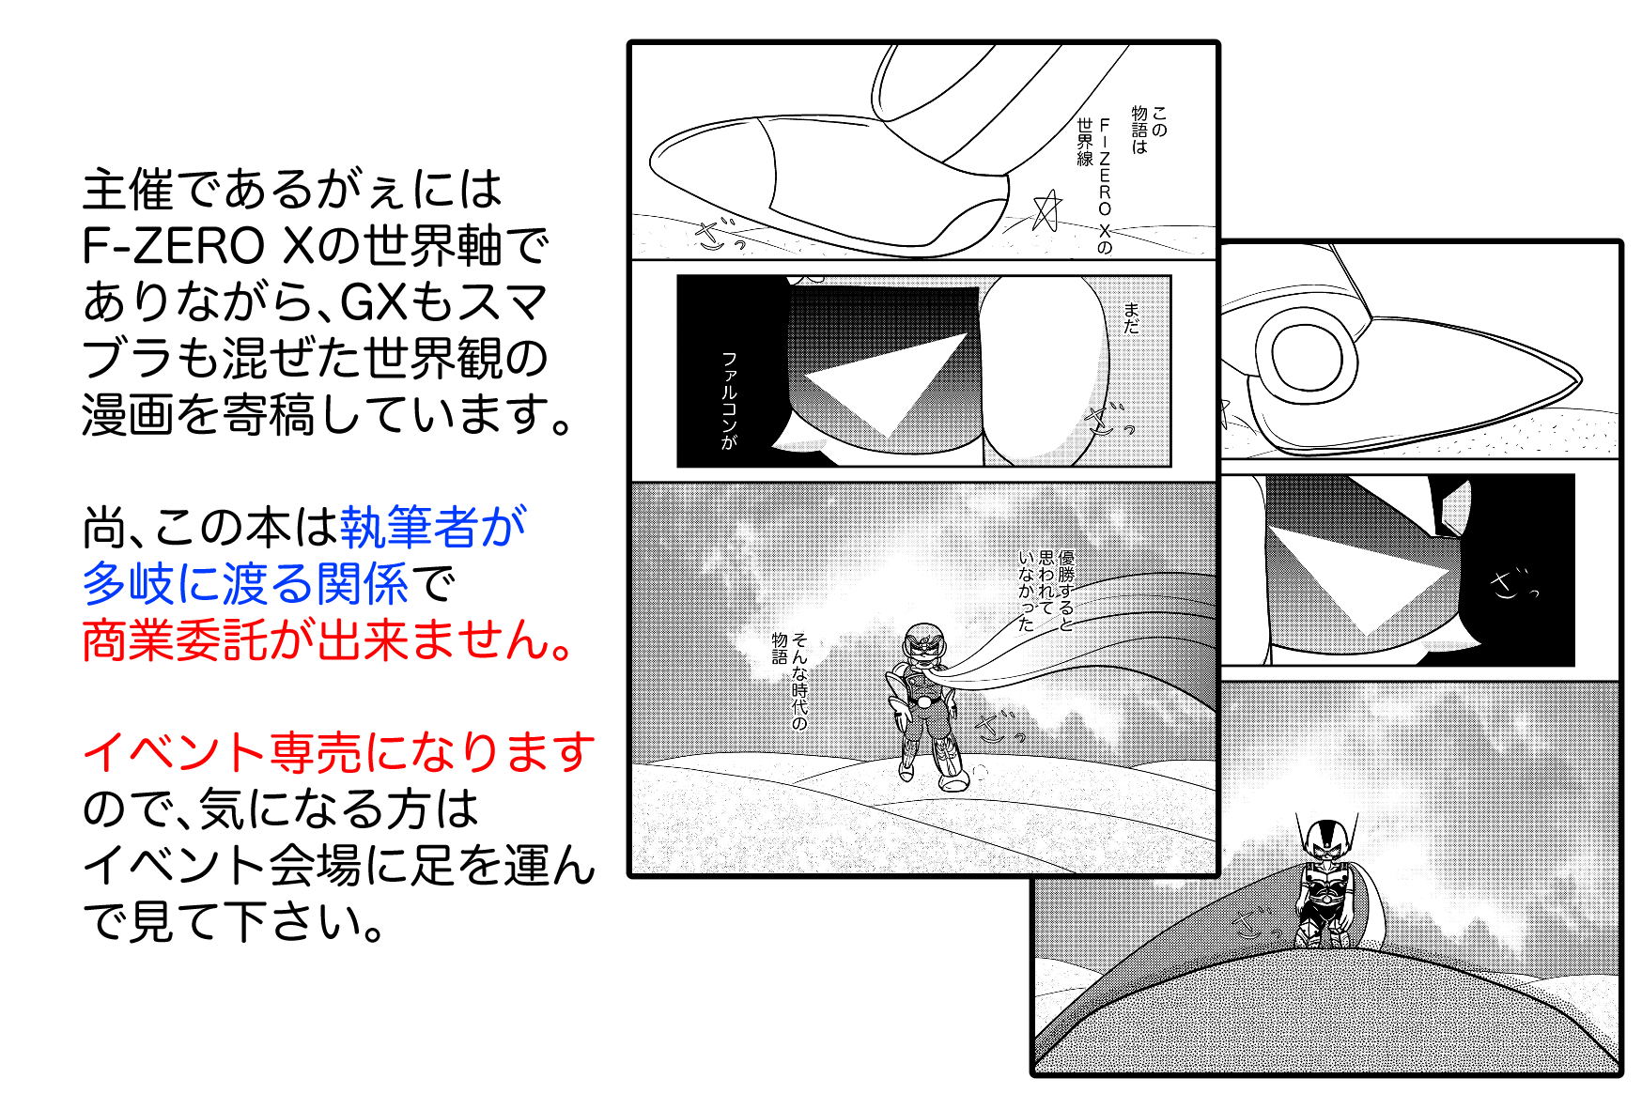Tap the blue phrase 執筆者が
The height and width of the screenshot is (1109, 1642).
433,527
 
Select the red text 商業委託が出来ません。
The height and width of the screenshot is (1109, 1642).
327,640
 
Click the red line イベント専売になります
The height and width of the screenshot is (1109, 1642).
339,752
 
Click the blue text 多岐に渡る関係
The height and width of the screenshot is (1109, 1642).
245,583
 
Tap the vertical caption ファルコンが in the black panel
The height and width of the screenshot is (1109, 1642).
729,400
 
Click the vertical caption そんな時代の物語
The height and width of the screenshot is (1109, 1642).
790,678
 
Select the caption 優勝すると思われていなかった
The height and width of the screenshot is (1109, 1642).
1046,590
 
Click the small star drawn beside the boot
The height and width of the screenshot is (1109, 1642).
1046,210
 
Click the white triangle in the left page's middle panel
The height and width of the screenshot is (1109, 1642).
886,385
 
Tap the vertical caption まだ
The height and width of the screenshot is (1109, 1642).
1132,317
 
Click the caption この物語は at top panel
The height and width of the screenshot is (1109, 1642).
1149,131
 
